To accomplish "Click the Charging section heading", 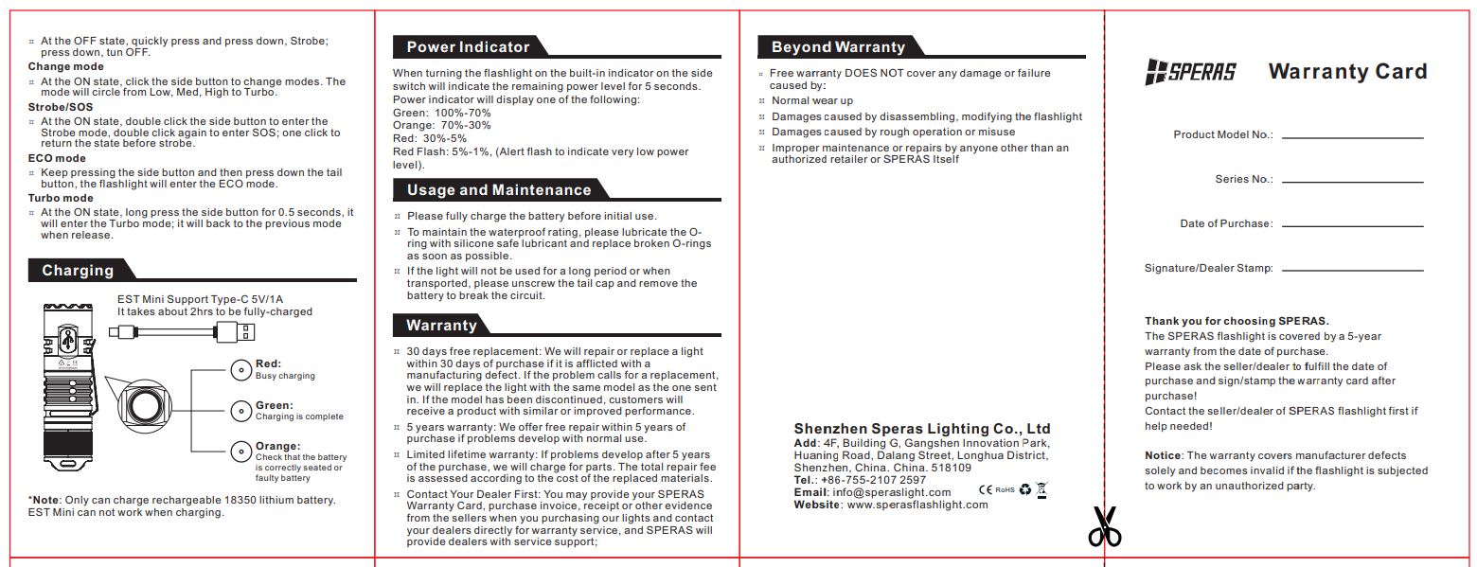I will point(78,271).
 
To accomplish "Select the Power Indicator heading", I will point(468,47).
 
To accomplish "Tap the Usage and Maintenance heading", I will point(498,190).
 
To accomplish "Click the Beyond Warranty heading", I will point(838,47).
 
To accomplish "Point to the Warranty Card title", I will point(1346,72).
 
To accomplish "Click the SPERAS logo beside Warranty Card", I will point(1190,72).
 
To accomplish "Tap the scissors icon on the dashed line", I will point(1104,526).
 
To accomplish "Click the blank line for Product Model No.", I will point(1352,138).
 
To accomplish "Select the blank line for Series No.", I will point(1352,182).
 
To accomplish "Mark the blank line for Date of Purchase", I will point(1352,226).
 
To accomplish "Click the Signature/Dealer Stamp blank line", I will point(1352,271).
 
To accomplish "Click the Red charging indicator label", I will point(268,363).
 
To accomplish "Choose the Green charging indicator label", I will point(274,405).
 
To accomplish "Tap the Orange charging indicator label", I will point(277,446).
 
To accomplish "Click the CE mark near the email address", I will point(985,489).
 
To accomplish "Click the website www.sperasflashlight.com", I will point(916,505).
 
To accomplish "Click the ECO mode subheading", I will point(57,159).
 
